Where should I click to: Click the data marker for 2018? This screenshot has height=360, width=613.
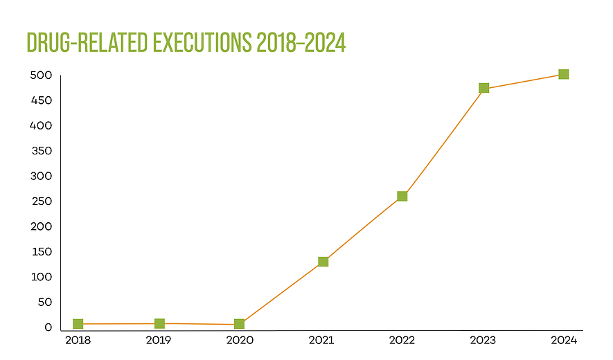pyautogui.click(x=78, y=324)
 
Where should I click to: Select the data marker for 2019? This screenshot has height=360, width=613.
pyautogui.click(x=159, y=323)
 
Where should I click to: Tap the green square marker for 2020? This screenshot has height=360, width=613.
pyautogui.click(x=239, y=324)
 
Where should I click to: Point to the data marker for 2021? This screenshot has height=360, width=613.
pyautogui.click(x=323, y=262)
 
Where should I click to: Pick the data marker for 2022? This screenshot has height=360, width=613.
pyautogui.click(x=402, y=196)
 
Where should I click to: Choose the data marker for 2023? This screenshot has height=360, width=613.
pyautogui.click(x=483, y=88)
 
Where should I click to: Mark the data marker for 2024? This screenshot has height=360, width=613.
pyautogui.click(x=563, y=74)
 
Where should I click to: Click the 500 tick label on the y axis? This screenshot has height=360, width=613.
pyautogui.click(x=42, y=75)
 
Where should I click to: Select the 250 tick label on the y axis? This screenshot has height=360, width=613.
pyautogui.click(x=42, y=201)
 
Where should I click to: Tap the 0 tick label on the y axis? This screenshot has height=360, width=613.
pyautogui.click(x=48, y=327)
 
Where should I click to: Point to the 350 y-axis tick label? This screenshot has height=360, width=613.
pyautogui.click(x=42, y=151)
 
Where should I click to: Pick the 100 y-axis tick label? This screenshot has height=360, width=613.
pyautogui.click(x=42, y=277)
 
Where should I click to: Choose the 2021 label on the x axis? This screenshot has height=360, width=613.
pyautogui.click(x=321, y=341)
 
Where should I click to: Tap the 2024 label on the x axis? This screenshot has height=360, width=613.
pyautogui.click(x=562, y=341)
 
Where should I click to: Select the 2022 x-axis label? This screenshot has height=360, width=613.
pyautogui.click(x=402, y=341)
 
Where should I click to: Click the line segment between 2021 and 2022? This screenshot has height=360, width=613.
pyautogui.click(x=362, y=229)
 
